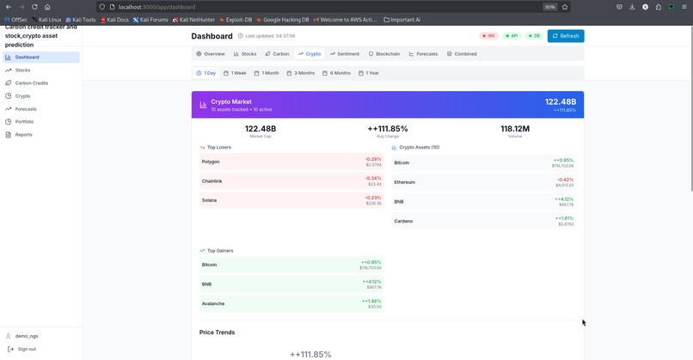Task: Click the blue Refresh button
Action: [565, 36]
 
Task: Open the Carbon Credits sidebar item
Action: [31, 82]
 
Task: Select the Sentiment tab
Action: [345, 54]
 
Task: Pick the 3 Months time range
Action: [301, 73]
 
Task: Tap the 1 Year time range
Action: [369, 73]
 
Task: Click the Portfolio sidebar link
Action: [24, 121]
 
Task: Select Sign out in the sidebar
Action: [27, 349]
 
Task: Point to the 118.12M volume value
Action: [515, 129]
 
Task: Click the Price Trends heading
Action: [217, 333]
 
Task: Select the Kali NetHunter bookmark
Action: [193, 20]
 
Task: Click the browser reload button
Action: [34, 7]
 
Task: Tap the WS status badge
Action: [488, 36]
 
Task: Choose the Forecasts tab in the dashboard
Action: [423, 54]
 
